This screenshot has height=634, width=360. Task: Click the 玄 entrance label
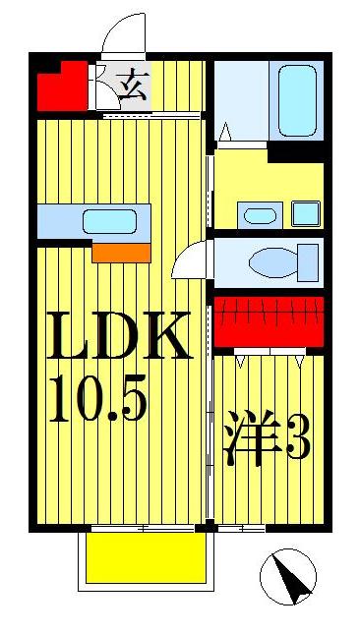[x=130, y=86]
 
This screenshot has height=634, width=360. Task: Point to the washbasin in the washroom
[x=260, y=214]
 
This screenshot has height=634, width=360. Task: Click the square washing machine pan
[x=306, y=213]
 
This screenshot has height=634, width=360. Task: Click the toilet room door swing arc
[x=188, y=259]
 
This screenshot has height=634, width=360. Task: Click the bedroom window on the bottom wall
[x=241, y=529]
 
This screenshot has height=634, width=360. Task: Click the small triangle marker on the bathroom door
[x=224, y=132]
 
